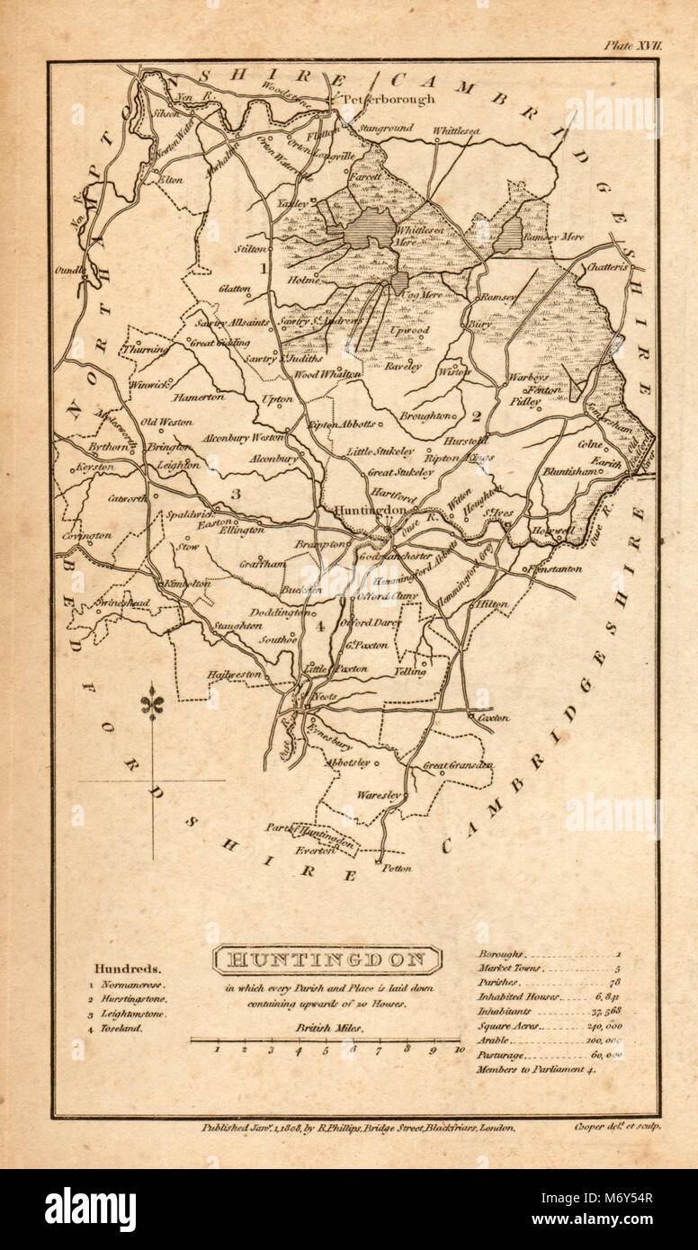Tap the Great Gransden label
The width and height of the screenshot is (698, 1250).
click(459, 765)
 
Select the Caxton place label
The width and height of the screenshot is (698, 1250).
click(494, 718)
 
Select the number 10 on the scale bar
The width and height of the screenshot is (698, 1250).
click(459, 1049)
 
